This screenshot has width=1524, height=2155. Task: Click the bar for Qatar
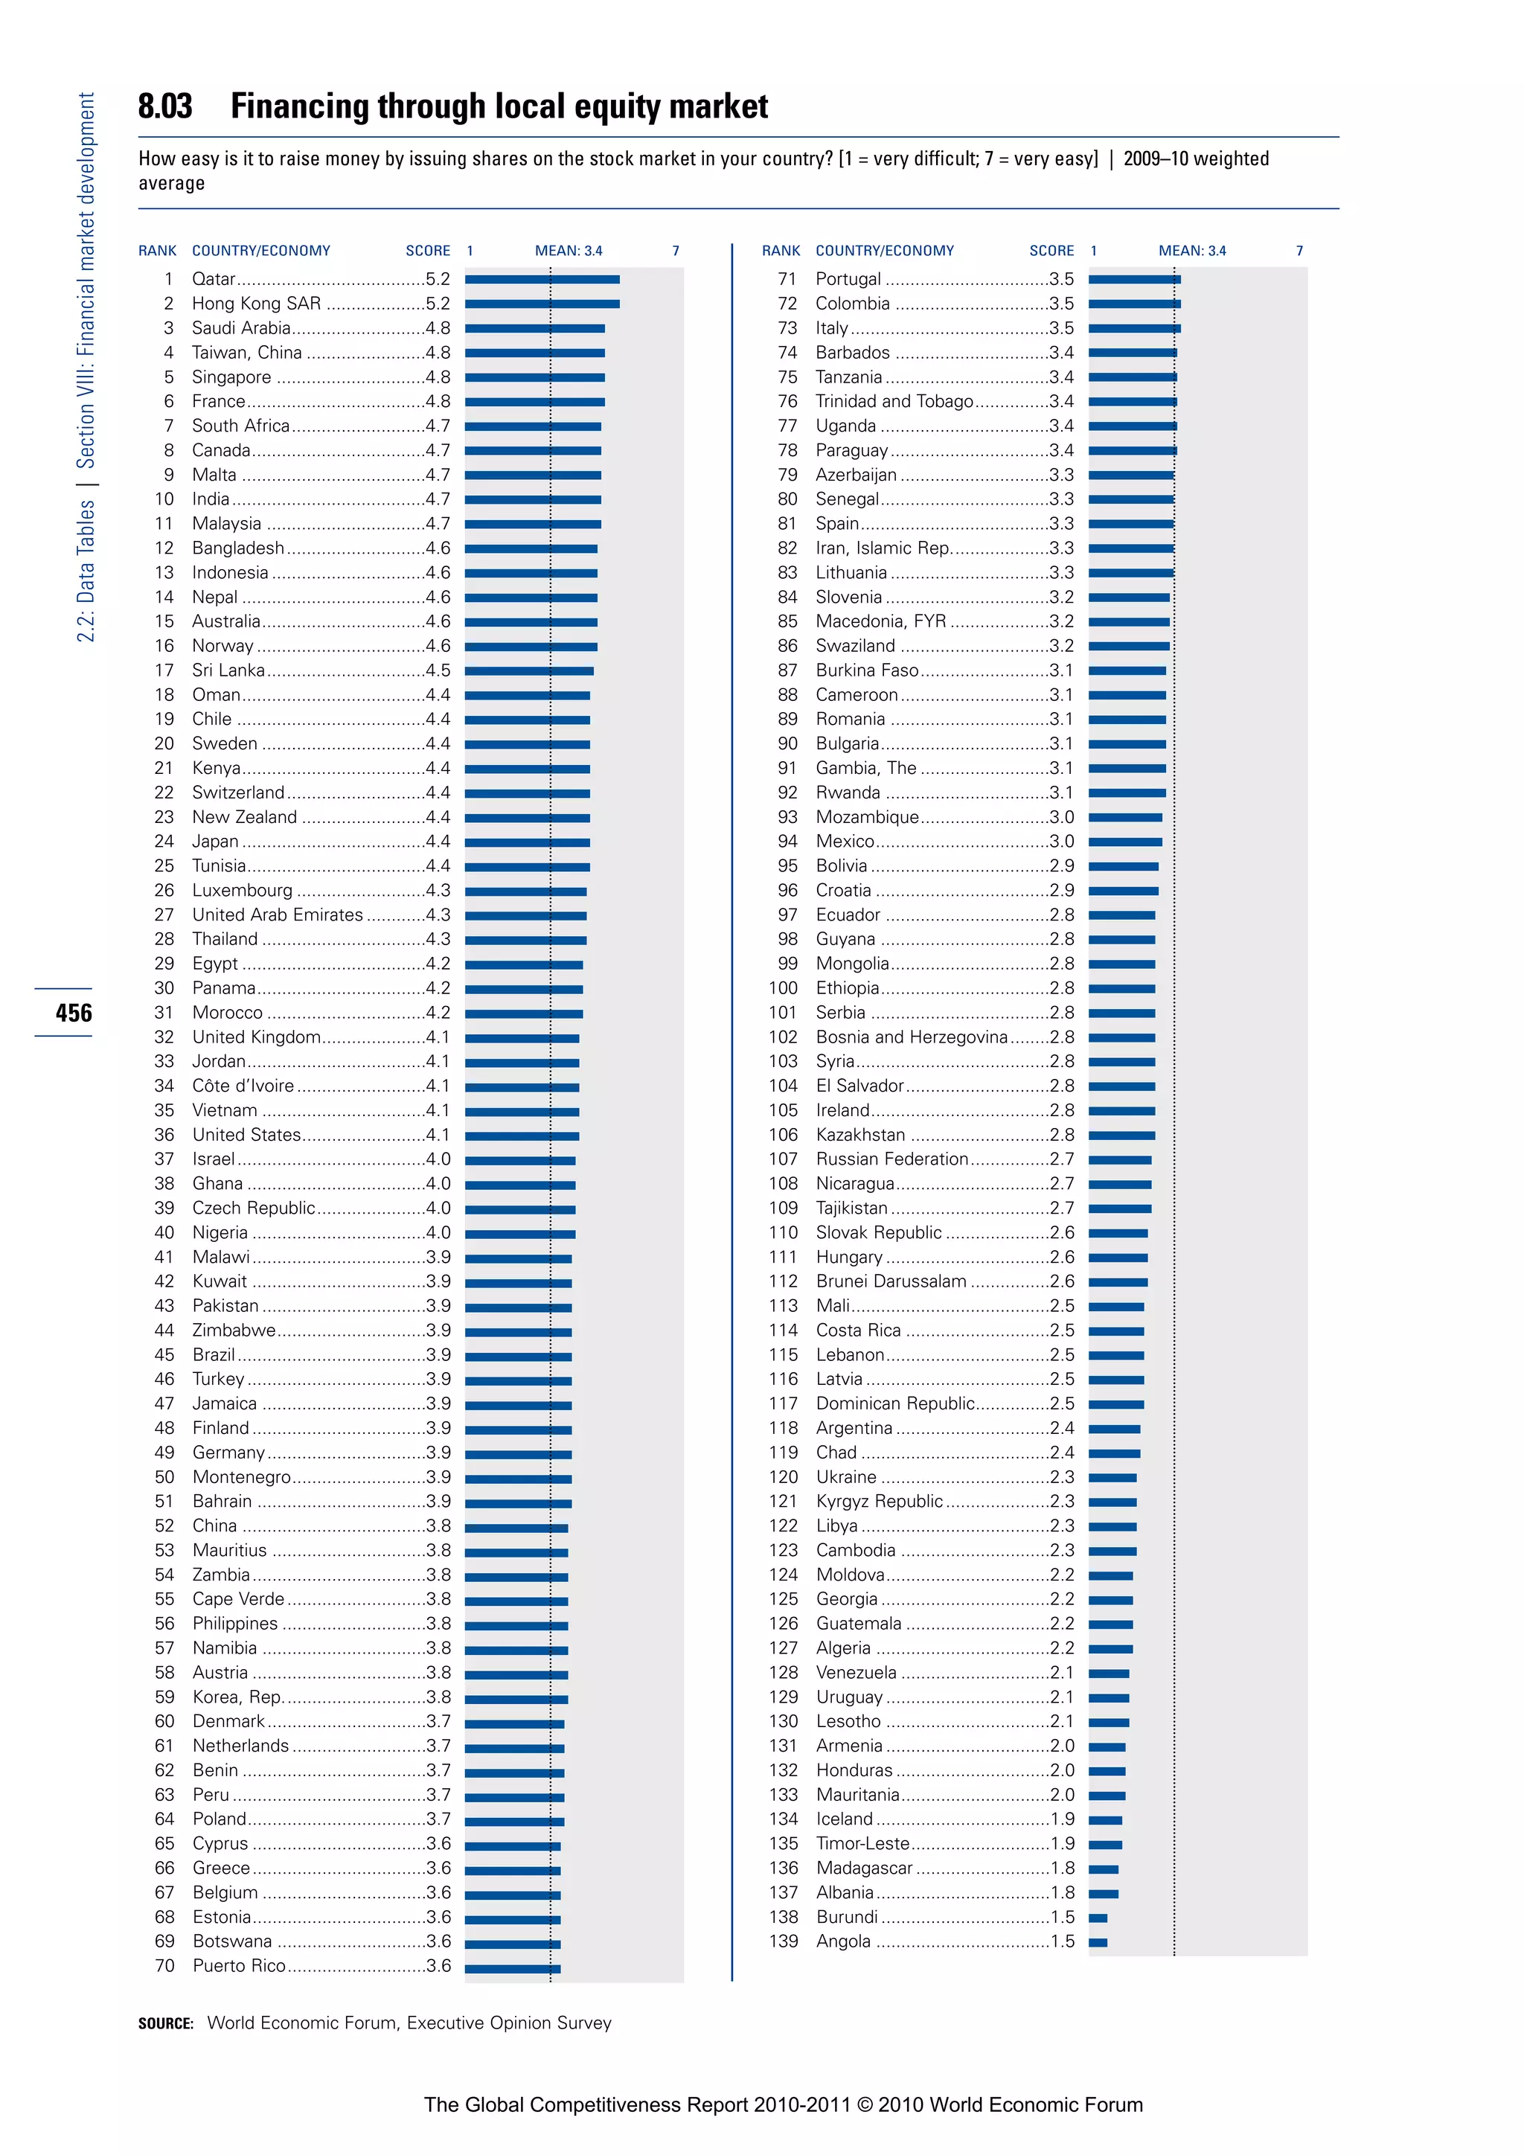point(542,279)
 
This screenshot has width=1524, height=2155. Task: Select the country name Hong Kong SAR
point(256,303)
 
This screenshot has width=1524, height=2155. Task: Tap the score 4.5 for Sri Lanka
point(438,670)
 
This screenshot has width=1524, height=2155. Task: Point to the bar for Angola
point(1098,1942)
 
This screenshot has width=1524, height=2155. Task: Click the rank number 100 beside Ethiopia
point(783,988)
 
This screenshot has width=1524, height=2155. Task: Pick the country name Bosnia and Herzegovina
point(912,1037)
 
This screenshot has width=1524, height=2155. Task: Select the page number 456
point(73,1013)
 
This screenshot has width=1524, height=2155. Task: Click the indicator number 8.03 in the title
point(165,107)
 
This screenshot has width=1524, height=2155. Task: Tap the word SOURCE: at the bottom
point(165,2023)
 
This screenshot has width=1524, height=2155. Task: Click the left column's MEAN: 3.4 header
point(569,251)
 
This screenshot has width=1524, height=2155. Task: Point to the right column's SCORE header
point(1051,251)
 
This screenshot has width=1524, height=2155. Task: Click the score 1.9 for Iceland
point(1063,1819)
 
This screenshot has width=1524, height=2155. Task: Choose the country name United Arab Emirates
point(277,915)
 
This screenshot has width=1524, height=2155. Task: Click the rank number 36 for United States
point(164,1135)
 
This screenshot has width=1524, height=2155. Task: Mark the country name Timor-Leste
point(862,1843)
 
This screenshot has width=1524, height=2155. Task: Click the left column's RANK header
point(157,251)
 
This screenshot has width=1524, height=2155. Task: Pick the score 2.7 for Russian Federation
point(1063,1159)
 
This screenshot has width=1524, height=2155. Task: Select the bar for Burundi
point(1098,1918)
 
